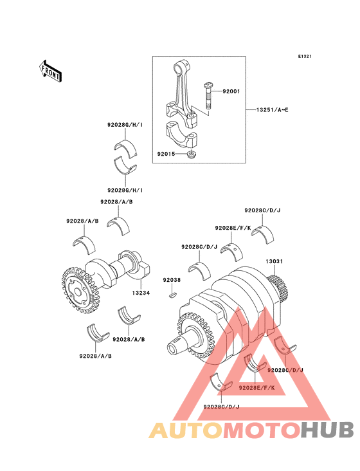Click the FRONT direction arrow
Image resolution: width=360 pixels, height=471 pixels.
point(50,71)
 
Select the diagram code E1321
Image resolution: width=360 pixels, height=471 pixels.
point(305,57)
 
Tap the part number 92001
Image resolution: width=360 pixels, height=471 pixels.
point(231,91)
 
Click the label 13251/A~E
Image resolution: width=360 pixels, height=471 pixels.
point(272,110)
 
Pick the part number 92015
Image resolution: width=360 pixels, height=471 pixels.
point(166,154)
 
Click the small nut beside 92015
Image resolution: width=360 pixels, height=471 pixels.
point(190,155)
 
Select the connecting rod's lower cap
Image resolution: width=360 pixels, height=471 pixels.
point(181,134)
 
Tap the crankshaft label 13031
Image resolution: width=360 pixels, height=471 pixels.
point(274,261)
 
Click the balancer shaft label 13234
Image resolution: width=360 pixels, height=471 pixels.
point(141,293)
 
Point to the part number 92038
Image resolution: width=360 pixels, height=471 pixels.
point(172,280)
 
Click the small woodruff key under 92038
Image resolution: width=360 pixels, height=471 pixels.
point(172,295)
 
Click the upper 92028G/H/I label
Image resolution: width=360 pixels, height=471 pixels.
point(125,124)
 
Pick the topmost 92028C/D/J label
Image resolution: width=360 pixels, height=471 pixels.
point(262,210)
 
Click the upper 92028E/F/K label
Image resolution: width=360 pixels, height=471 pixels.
point(233,228)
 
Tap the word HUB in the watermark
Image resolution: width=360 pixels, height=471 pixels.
point(328,430)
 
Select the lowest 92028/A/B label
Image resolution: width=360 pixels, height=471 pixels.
point(95,356)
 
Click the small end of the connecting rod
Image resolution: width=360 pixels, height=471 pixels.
point(182,67)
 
